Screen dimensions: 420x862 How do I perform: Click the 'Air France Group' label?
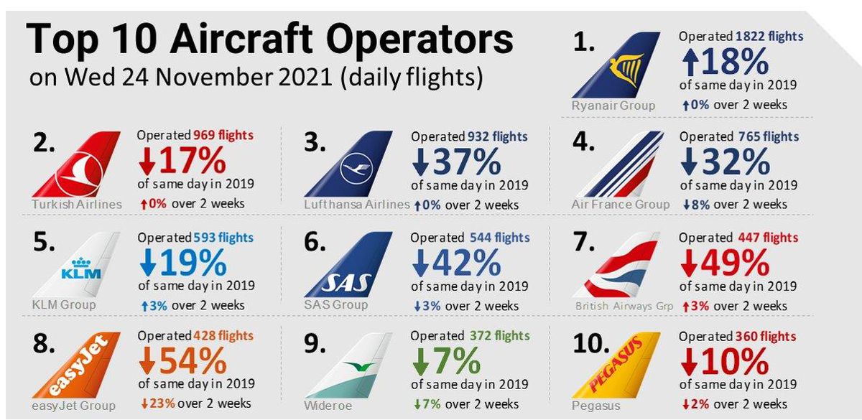[x=620, y=205]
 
